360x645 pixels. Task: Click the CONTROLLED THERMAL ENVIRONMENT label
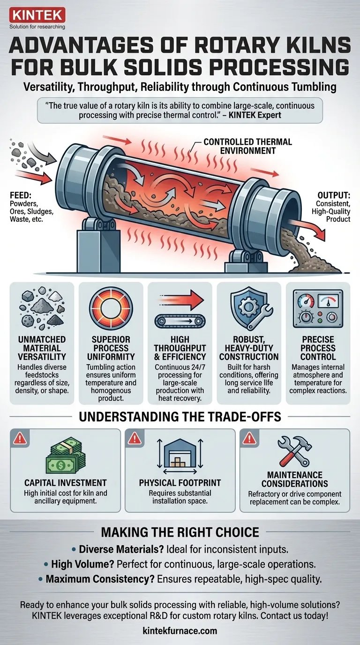(248, 146)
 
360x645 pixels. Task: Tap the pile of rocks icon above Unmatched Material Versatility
(42, 309)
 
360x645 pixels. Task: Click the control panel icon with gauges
(317, 309)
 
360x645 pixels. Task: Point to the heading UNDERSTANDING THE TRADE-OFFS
(180, 417)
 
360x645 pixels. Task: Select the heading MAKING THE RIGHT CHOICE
(180, 532)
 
